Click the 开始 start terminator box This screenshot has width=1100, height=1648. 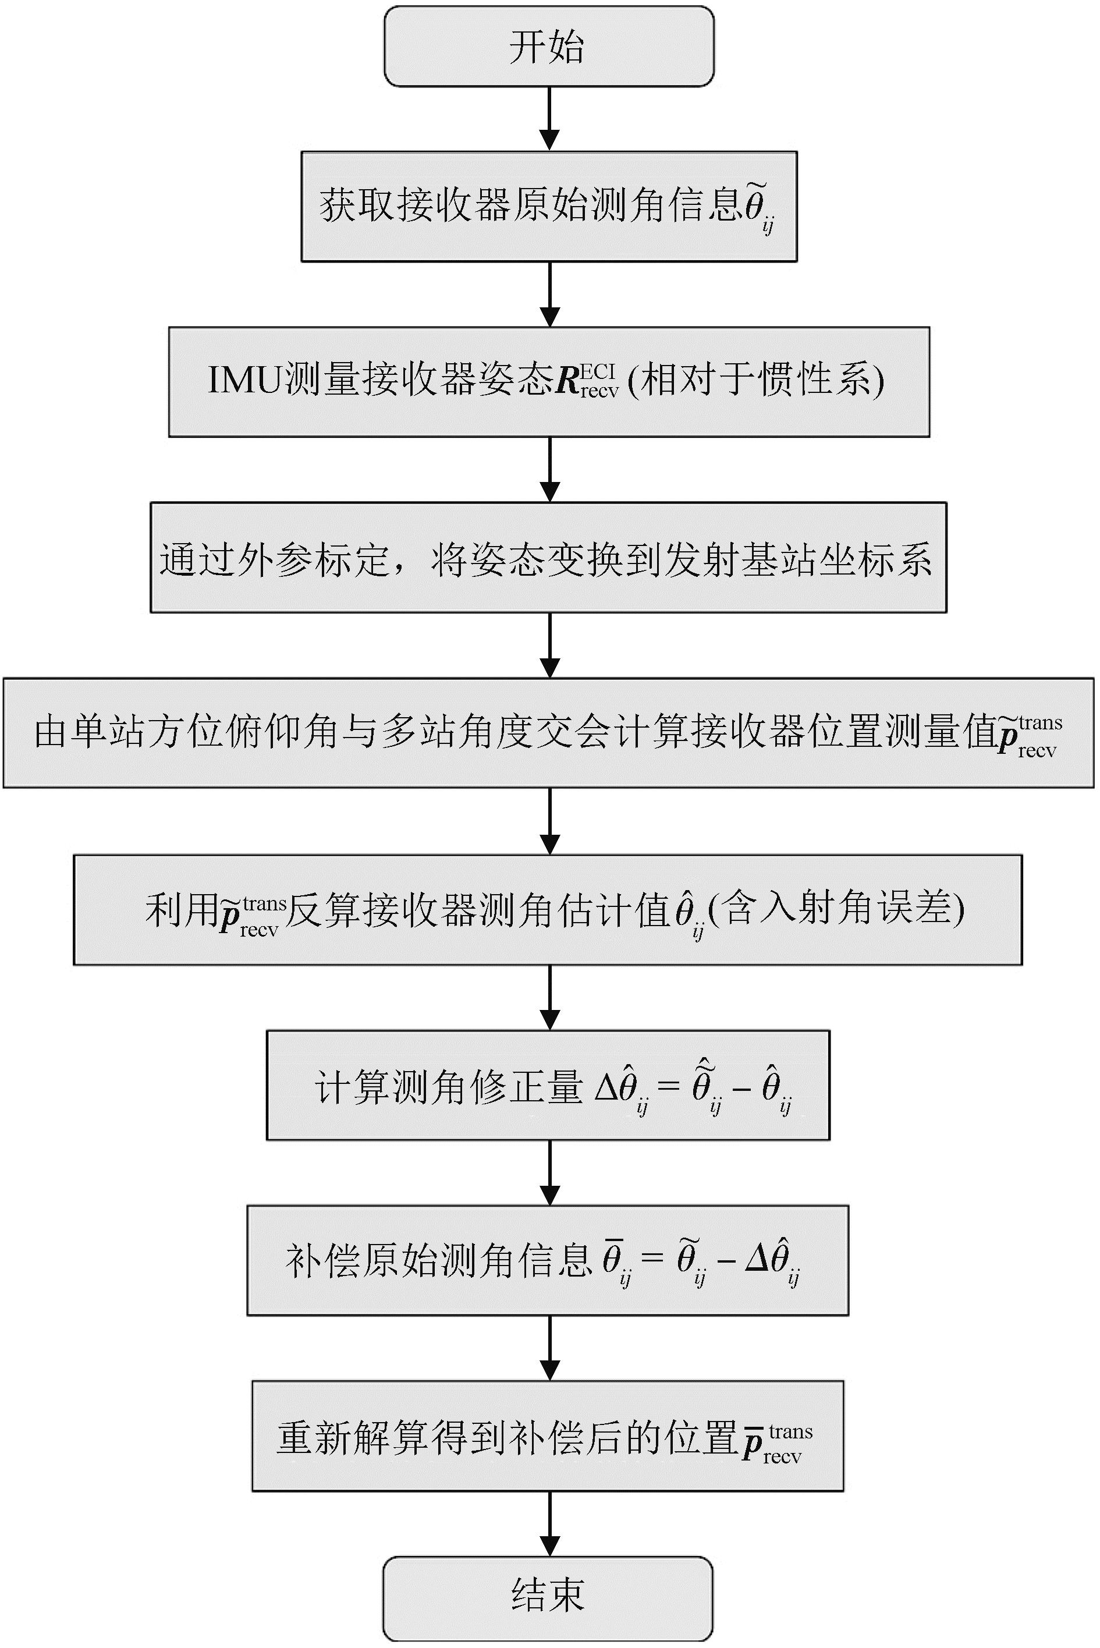click(549, 47)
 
